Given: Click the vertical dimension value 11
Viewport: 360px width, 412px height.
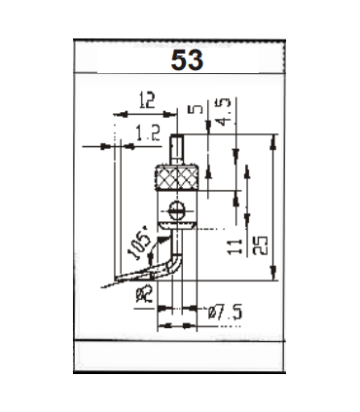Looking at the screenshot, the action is pyautogui.click(x=234, y=241).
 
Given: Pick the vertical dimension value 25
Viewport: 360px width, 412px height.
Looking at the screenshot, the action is pyautogui.click(x=261, y=241).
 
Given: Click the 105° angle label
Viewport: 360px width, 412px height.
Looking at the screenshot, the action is pyautogui.click(x=139, y=242).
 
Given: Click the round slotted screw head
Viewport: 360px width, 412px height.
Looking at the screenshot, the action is pyautogui.click(x=176, y=208).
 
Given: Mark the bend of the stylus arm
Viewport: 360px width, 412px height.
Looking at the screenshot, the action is pyautogui.click(x=172, y=261).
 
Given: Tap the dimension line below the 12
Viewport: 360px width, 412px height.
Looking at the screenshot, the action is pyautogui.click(x=146, y=112).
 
